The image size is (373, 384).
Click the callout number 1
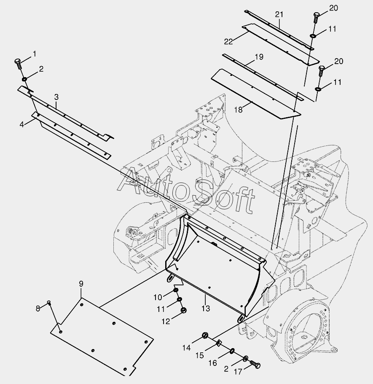point(34,54)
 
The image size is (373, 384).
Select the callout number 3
point(56,97)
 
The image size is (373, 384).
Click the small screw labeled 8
point(49,303)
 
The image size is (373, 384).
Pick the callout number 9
point(81,284)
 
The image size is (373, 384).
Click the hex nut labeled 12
point(183,311)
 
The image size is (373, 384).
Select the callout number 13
point(205,309)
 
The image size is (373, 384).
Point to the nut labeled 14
point(205,336)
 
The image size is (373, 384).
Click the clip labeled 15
point(220,343)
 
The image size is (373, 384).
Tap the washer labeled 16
point(233,351)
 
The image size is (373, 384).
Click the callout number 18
point(239,110)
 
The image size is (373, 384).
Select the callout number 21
point(279,15)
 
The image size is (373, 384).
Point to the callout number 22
point(228,41)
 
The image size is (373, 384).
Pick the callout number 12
point(166,322)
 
